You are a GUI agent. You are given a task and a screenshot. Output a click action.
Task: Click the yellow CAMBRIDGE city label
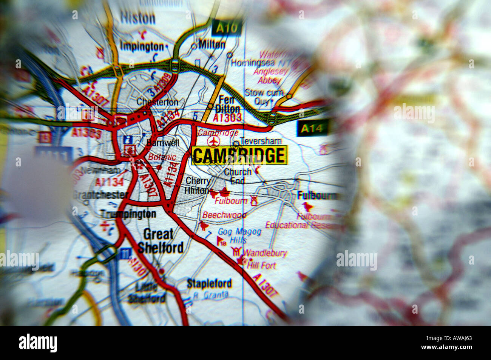239,155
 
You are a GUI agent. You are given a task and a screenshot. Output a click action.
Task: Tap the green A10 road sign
226,28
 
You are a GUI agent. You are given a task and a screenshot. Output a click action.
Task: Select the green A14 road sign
312,129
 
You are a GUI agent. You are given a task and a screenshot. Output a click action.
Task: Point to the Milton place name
212,45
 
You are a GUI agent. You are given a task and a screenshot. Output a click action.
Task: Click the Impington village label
142,46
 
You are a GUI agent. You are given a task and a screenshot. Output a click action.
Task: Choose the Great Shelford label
160,241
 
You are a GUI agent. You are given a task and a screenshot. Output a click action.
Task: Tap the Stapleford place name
209,283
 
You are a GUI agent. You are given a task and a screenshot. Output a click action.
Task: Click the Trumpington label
128,214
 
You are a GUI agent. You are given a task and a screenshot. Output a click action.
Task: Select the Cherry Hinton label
198,185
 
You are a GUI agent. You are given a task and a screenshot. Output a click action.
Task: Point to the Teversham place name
261,141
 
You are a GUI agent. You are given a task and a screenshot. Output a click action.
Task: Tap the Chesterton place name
157,102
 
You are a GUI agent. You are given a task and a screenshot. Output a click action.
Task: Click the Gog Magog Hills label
239,235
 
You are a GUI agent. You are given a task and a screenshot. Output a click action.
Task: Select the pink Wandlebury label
265,253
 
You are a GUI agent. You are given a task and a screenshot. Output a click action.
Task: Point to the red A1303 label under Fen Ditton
227,118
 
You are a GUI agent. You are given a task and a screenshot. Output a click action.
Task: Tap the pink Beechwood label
224,215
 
